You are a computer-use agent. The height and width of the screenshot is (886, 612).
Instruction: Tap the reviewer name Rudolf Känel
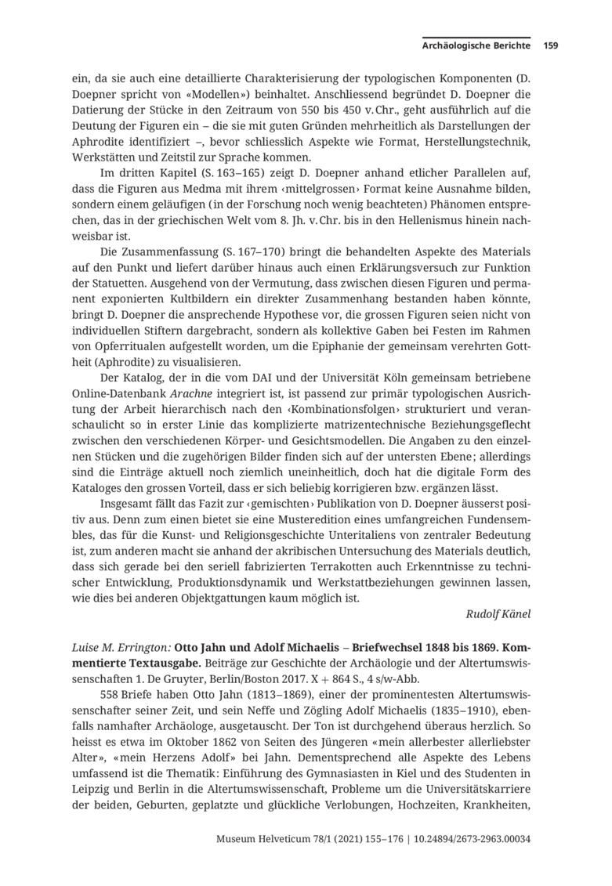point(498,613)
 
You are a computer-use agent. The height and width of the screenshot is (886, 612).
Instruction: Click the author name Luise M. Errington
point(120,649)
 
